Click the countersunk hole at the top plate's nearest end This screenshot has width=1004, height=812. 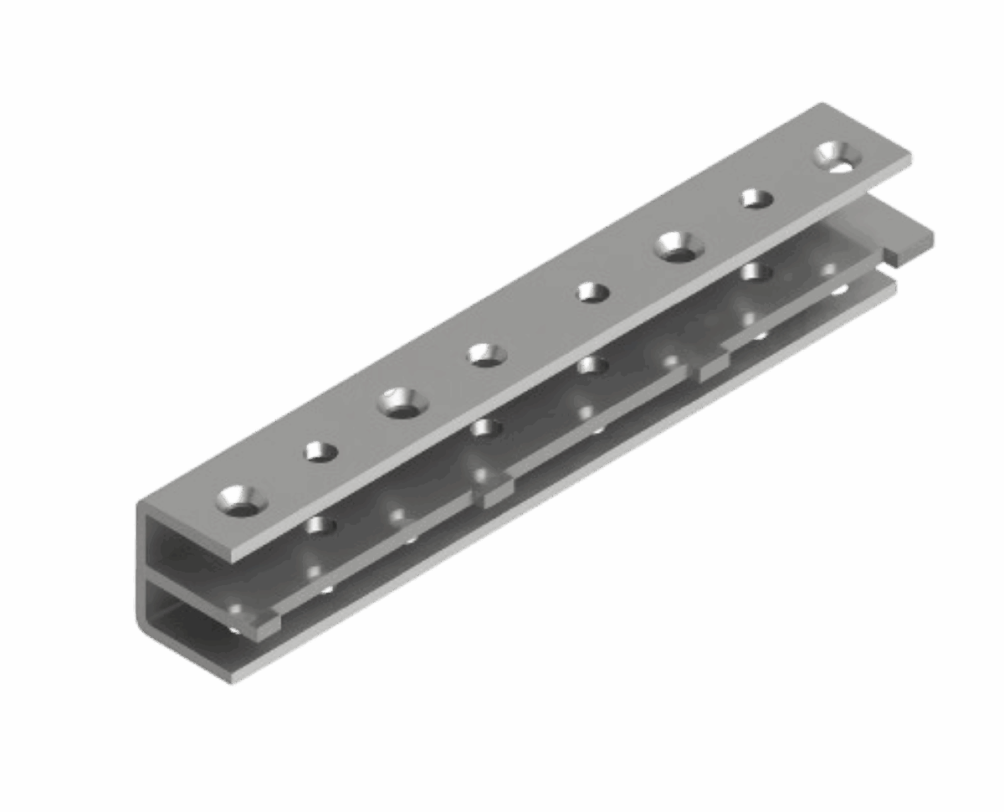point(241,500)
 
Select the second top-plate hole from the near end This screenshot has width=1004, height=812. point(320,452)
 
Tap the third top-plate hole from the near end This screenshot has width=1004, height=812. point(402,403)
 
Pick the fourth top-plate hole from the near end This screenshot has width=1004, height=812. point(486,354)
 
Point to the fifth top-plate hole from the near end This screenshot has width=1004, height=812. point(592,292)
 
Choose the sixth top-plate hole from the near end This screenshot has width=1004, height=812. point(679,246)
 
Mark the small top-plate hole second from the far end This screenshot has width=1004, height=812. point(756,199)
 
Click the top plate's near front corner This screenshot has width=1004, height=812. point(233,559)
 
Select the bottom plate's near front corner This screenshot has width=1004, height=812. point(233,679)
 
